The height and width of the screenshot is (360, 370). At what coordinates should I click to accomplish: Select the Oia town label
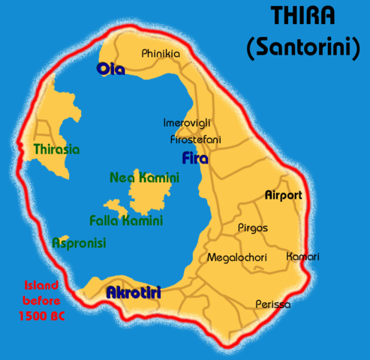pyautogui.click(x=110, y=70)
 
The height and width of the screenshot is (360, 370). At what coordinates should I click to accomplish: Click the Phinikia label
pyautogui.click(x=161, y=53)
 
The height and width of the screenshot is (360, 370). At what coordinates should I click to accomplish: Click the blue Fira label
pyautogui.click(x=195, y=158)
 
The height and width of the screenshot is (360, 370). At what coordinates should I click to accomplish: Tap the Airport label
pyautogui.click(x=284, y=195)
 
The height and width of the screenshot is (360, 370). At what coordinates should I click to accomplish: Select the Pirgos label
pyautogui.click(x=252, y=227)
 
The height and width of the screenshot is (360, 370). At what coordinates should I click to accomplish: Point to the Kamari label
pyautogui.click(x=303, y=256)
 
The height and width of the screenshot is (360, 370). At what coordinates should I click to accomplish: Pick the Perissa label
pyautogui.click(x=272, y=304)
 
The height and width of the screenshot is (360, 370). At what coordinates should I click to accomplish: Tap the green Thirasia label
pyautogui.click(x=56, y=149)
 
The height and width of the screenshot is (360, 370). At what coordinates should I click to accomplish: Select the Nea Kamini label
pyautogui.click(x=144, y=178)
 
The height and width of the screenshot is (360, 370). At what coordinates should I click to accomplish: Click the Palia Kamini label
pyautogui.click(x=125, y=221)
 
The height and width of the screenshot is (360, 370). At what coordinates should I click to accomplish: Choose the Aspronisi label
pyautogui.click(x=79, y=243)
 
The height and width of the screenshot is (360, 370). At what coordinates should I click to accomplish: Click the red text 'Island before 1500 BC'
pyautogui.click(x=41, y=300)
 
